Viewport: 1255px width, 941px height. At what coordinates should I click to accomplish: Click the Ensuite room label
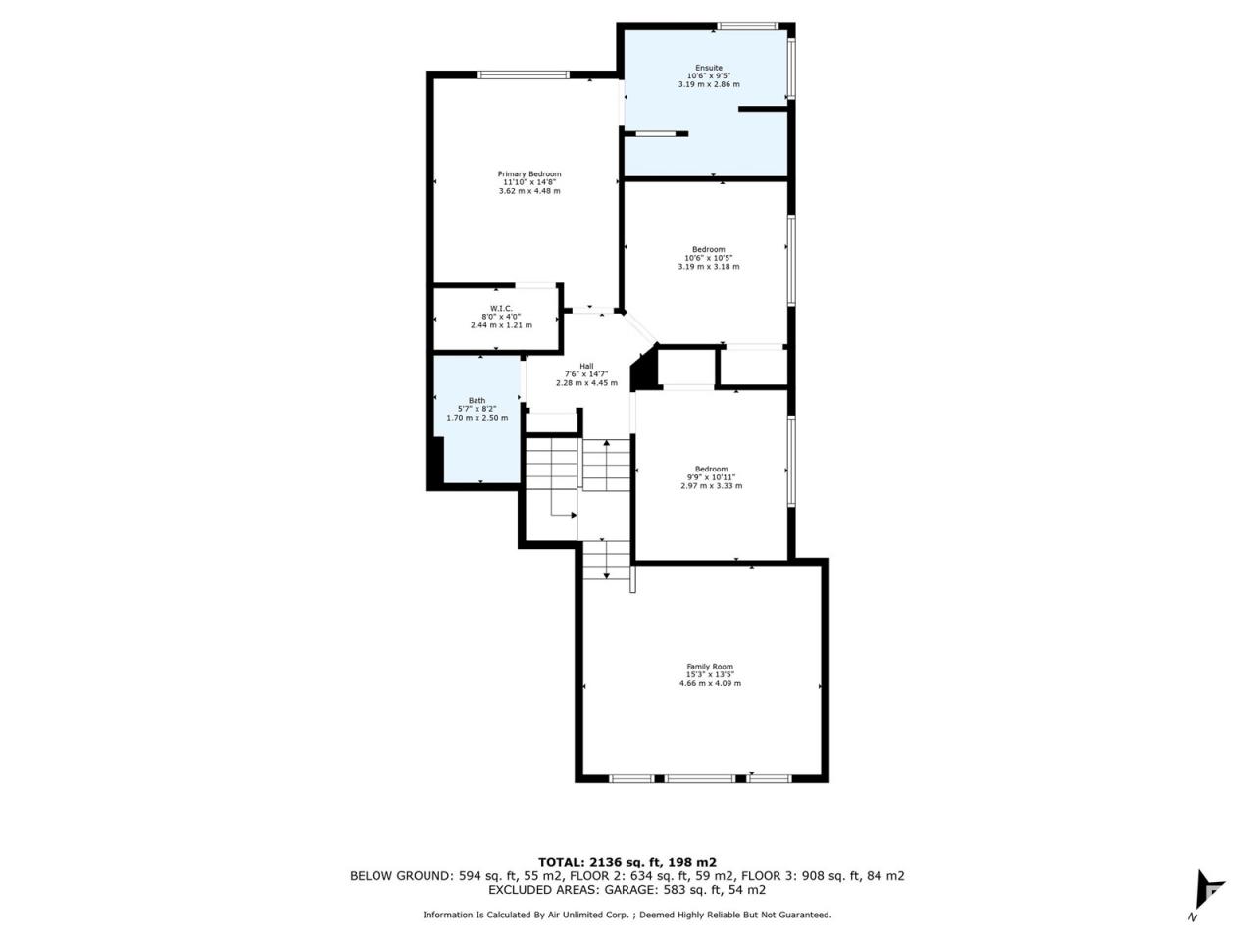[709, 68]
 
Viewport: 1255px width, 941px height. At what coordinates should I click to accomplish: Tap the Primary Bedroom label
[528, 173]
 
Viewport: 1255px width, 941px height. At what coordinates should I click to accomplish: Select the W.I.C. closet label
[501, 309]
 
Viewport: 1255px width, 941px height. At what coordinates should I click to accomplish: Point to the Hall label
[586, 366]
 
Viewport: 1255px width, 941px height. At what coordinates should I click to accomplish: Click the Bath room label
[477, 401]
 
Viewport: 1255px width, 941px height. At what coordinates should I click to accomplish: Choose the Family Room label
[710, 667]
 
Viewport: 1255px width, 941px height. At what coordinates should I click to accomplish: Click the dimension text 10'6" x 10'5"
[709, 258]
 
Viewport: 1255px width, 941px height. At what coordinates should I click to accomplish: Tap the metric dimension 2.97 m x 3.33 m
[711, 485]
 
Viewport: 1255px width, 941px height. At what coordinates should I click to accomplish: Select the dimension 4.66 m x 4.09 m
[710, 683]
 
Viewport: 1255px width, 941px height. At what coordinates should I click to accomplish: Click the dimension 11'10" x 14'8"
[528, 182]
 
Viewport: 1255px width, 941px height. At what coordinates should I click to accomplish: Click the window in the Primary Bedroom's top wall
[524, 74]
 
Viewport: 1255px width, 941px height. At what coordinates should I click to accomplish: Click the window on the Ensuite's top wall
[747, 25]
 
